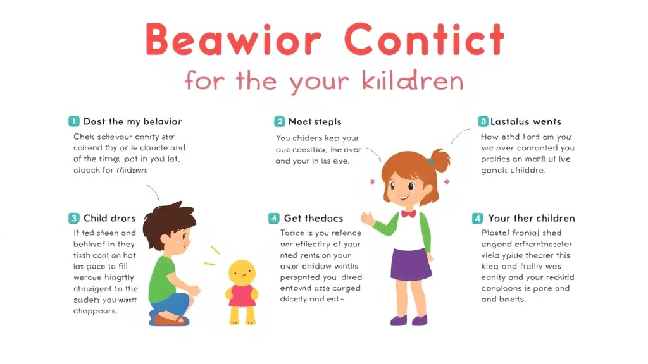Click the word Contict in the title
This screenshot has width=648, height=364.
tap(425, 40)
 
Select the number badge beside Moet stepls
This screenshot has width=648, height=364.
tap(279, 121)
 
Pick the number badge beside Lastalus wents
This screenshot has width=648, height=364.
tap(483, 121)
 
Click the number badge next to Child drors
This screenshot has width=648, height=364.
tap(74, 218)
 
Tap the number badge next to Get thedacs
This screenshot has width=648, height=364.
tap(274, 218)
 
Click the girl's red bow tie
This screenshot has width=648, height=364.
tap(408, 214)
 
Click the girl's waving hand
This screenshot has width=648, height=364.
tap(368, 219)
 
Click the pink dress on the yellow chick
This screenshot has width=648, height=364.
tap(241, 296)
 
